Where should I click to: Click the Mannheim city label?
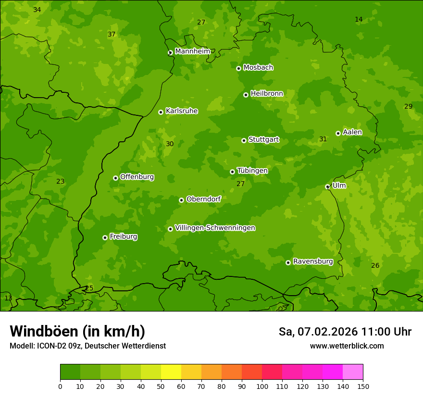tap(192, 51)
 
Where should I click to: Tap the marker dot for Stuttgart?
tap(244, 140)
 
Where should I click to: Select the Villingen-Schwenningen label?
tap(215, 228)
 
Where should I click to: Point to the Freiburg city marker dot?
tap(105, 237)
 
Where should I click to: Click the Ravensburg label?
tap(313, 262)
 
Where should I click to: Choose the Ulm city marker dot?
tap(327, 187)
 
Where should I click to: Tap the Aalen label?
tap(352, 132)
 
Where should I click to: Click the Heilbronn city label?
tap(267, 94)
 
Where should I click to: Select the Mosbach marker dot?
tap(238, 68)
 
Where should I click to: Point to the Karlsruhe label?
tap(182, 111)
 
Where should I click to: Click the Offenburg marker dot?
tap(115, 178)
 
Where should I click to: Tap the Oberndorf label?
tap(203, 199)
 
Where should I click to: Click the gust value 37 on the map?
tap(112, 34)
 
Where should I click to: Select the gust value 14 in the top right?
tap(359, 19)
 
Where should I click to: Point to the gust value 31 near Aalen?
tap(323, 139)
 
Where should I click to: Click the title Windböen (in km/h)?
tap(77, 331)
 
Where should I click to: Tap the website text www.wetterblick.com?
tap(347, 346)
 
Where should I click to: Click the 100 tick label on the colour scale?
tap(262, 386)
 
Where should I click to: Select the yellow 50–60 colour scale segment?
tap(171, 372)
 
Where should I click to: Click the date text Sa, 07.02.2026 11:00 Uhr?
tap(345, 332)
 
